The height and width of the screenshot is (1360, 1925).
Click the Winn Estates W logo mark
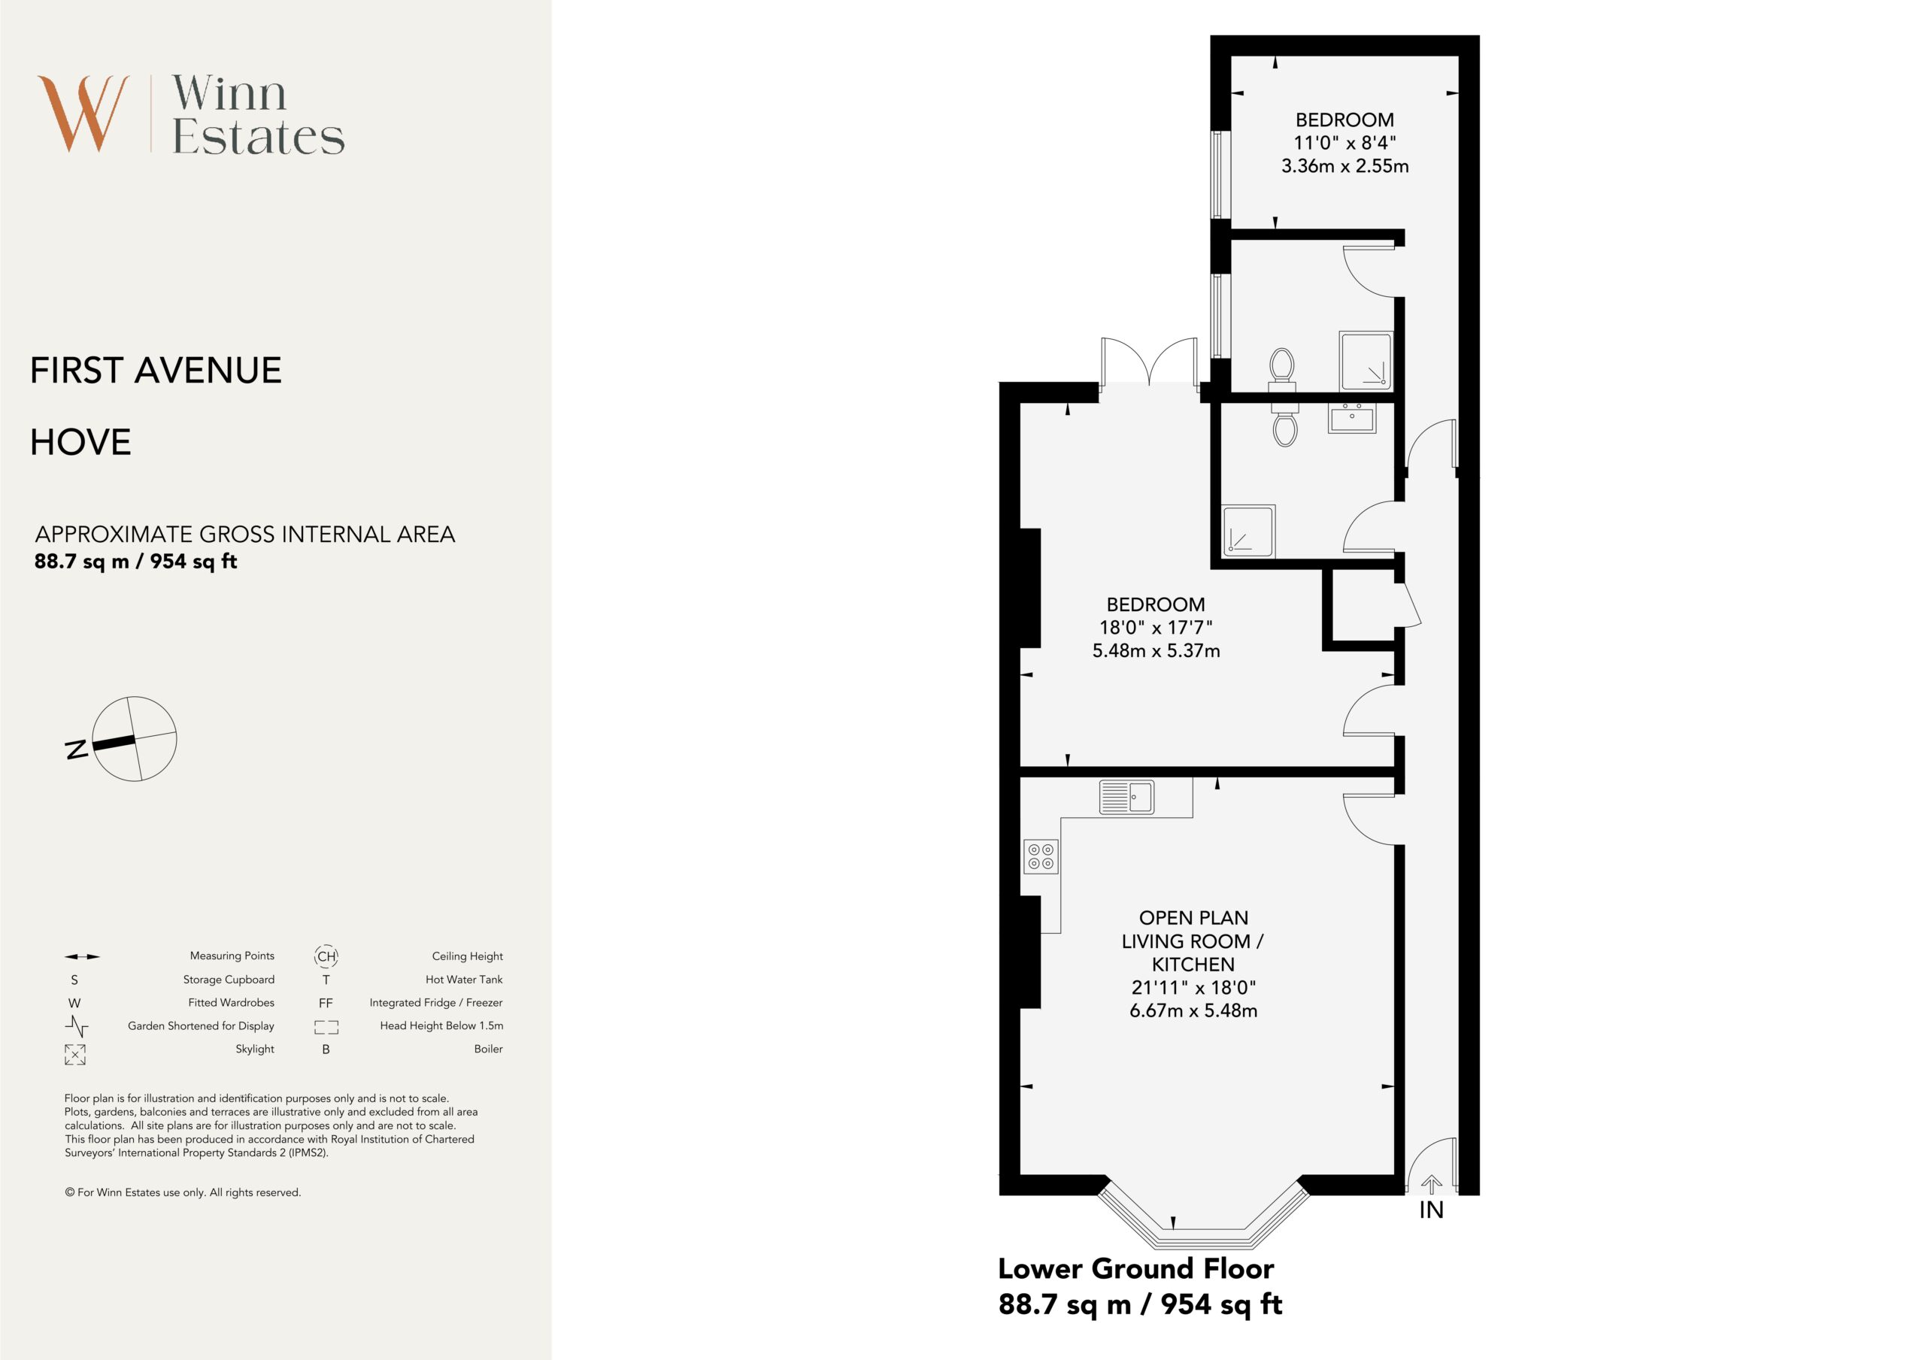click(x=83, y=114)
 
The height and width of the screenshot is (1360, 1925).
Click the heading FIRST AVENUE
click(x=156, y=371)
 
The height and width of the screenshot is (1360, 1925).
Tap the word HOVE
click(x=80, y=442)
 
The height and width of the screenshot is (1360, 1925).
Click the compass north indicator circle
click(x=134, y=739)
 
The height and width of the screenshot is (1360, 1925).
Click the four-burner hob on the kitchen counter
click(x=1041, y=856)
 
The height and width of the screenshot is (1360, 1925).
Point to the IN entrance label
click(x=1431, y=1210)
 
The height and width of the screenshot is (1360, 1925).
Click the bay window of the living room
click(x=1204, y=1215)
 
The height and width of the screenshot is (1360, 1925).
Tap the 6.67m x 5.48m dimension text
click(x=1193, y=1010)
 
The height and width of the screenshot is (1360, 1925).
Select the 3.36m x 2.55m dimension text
click(x=1344, y=166)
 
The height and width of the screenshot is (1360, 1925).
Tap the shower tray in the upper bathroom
click(x=1366, y=362)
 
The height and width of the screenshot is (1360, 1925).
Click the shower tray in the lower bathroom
click(x=1248, y=531)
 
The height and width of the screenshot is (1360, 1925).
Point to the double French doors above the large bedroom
click(x=1150, y=362)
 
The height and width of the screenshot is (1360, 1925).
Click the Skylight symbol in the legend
click(x=74, y=1054)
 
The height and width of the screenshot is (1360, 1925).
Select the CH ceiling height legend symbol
click(x=326, y=956)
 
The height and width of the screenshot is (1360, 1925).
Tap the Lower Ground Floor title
click(x=1136, y=1268)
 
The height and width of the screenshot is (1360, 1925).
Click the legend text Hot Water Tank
click(x=464, y=980)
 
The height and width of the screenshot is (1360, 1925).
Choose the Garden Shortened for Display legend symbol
click(x=76, y=1025)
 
